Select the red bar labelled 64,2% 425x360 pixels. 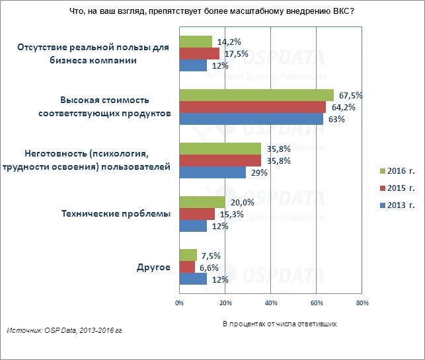pos(252,107)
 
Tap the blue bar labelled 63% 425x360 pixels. pos(251,119)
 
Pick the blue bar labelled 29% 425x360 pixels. pos(212,172)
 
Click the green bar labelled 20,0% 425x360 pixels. pos(202,202)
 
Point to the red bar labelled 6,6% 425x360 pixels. pos(187,267)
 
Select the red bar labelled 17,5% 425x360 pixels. pos(199,54)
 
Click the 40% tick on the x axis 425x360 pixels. pos(270,304)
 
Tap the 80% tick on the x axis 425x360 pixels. pos(362,304)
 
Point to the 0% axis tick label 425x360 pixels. pos(179,304)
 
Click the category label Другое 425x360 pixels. pos(153,267)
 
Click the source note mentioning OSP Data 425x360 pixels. pos(65,330)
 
